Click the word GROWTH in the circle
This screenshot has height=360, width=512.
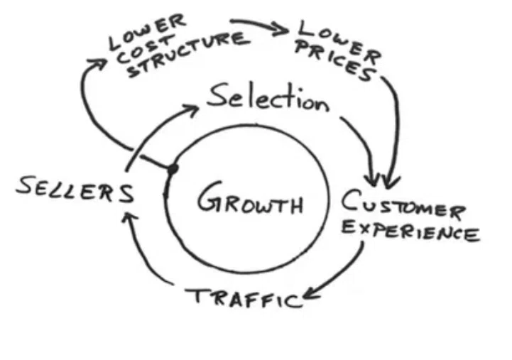pos(250,198)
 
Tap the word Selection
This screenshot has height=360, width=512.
pos(268,97)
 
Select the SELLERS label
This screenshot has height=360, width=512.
pos(75,190)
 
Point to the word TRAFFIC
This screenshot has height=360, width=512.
pos(244,298)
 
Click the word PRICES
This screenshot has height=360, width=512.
pos(334,61)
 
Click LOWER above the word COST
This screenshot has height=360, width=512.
pos(147,32)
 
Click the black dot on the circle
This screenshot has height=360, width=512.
pos(173,169)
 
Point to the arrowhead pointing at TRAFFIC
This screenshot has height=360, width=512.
pos(310,295)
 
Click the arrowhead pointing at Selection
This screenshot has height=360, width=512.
pos(191,109)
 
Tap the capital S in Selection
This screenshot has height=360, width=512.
pos(217,94)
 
